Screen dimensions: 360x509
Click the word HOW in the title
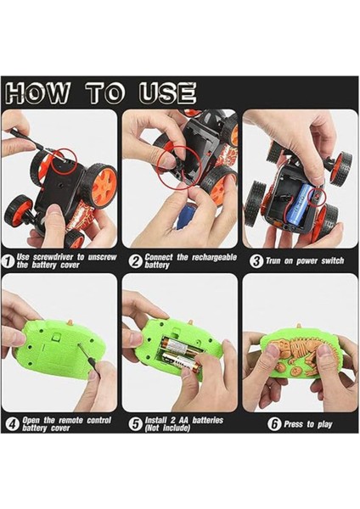(37, 93)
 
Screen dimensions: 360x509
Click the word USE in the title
(167, 93)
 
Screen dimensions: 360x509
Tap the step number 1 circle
(8, 261)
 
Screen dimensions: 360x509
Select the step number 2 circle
(136, 261)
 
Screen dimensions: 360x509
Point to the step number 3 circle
(256, 261)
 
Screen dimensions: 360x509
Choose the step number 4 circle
(13, 424)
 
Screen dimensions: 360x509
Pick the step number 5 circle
(136, 424)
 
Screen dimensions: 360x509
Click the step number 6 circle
(274, 424)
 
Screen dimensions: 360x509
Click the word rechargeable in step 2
(214, 257)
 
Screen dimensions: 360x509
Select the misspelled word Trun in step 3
(273, 261)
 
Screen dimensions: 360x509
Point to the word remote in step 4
(70, 420)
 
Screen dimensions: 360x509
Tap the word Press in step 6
(294, 424)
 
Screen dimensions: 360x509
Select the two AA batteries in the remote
(182, 355)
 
